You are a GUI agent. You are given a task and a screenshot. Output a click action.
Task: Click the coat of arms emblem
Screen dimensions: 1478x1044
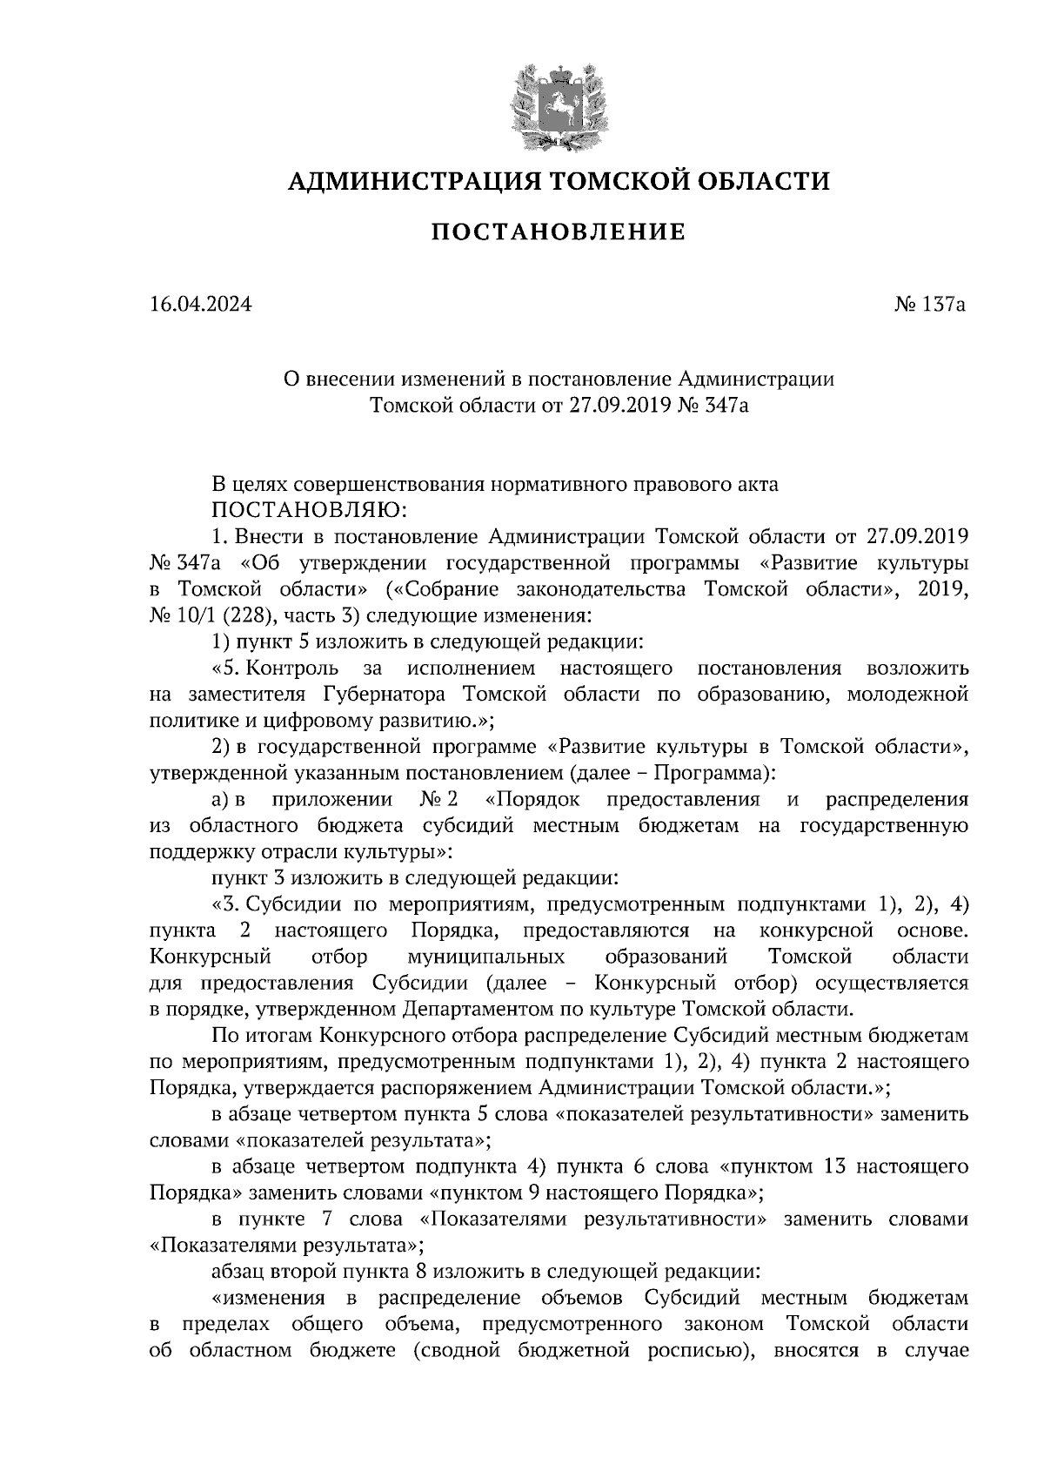[558, 103]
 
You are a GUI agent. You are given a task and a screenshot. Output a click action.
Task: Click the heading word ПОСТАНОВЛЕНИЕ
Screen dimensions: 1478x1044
[559, 232]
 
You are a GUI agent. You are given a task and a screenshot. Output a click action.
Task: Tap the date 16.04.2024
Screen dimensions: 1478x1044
[200, 305]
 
